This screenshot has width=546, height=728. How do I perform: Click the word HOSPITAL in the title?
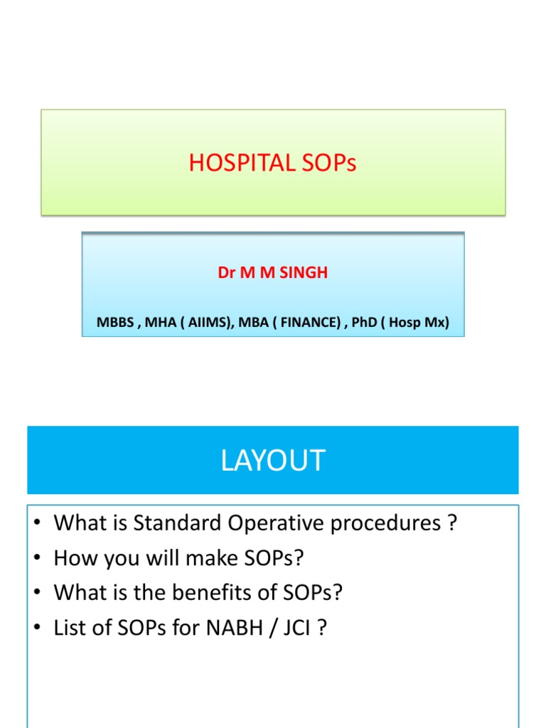(232, 164)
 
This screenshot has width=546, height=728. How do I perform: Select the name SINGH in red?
(304, 273)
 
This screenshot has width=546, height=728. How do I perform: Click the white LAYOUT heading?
(272, 461)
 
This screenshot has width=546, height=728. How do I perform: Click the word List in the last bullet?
(68, 627)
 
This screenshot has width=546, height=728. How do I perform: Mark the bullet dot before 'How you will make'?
(38, 559)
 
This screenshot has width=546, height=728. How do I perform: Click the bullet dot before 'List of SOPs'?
(38, 628)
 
